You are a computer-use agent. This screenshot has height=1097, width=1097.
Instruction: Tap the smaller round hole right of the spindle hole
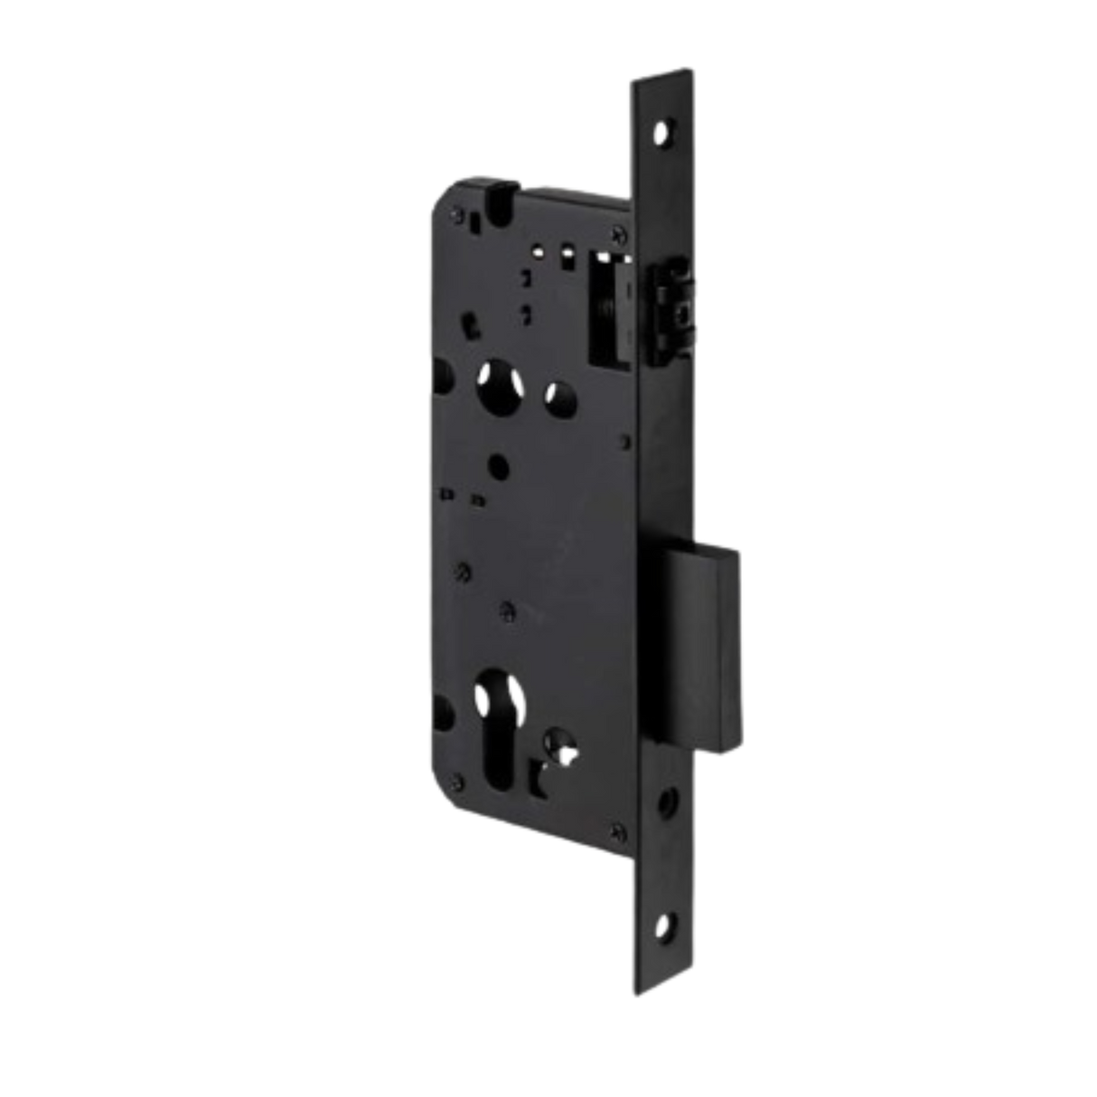tap(555, 396)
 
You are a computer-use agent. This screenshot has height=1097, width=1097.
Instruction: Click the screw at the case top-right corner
tap(617, 233)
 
